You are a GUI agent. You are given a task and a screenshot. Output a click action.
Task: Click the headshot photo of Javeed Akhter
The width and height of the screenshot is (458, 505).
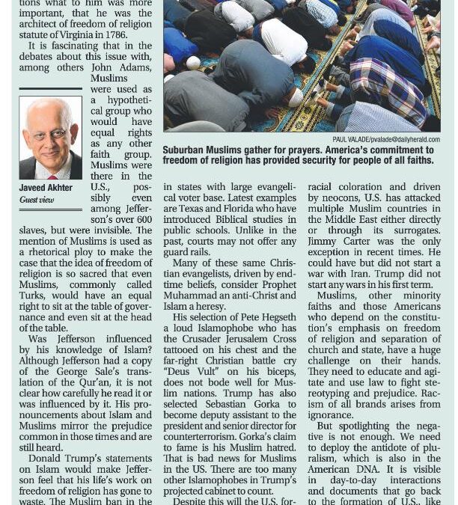pos(50,138)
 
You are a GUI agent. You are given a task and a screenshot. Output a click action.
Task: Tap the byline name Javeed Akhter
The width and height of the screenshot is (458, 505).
pos(46,188)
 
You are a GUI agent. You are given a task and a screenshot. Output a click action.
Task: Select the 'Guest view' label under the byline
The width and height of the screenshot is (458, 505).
pos(37,200)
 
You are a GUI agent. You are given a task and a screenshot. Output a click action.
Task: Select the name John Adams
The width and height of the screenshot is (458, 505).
pos(112,67)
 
